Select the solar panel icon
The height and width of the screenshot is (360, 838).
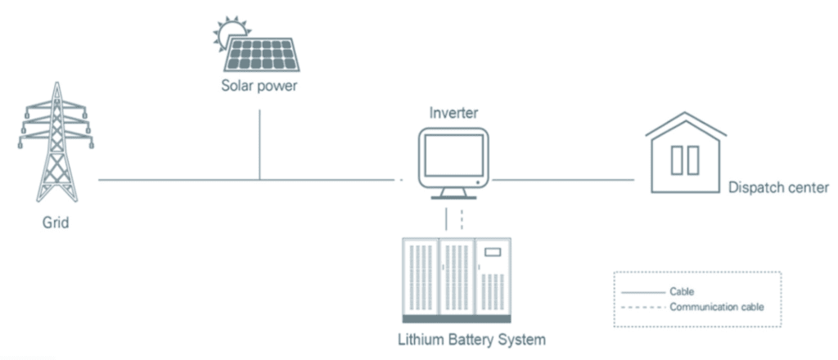(x=261, y=54)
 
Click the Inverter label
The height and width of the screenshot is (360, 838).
(x=453, y=113)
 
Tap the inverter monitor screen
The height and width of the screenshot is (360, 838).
(x=453, y=156)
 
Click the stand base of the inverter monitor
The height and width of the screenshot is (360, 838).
(x=453, y=196)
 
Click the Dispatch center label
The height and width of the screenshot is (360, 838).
(x=778, y=188)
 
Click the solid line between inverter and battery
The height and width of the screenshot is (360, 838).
(x=447, y=218)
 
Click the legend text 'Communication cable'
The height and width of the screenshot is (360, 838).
(x=716, y=308)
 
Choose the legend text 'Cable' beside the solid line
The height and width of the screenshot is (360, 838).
(x=682, y=290)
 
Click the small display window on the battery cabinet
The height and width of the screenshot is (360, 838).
(x=493, y=252)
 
